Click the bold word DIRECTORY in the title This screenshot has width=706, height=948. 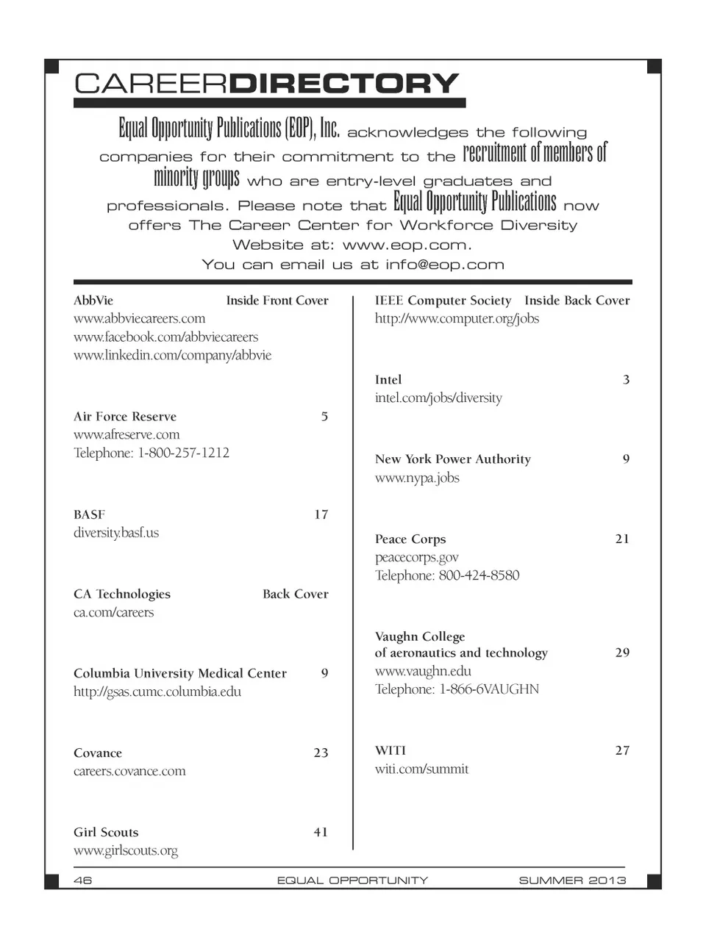344,83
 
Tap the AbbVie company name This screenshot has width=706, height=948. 93,301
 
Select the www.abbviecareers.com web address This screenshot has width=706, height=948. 139,319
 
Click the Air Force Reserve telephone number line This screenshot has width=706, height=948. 151,453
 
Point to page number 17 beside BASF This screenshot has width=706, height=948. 321,514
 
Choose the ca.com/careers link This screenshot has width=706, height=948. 113,612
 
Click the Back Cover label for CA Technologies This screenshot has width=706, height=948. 295,594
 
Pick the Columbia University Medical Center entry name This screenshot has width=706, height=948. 180,673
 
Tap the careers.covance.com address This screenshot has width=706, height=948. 129,771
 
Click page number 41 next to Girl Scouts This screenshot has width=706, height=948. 321,832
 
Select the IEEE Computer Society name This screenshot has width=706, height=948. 443,301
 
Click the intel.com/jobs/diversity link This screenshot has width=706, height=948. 438,398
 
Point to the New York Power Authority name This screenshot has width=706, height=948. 452,459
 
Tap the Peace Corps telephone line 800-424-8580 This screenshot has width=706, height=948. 447,575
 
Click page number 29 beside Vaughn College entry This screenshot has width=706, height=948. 622,653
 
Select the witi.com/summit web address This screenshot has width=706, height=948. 421,769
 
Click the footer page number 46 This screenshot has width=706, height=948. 83,880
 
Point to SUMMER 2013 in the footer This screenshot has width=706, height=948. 572,880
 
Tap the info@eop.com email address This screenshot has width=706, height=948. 445,265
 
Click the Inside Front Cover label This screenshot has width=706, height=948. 277,301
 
